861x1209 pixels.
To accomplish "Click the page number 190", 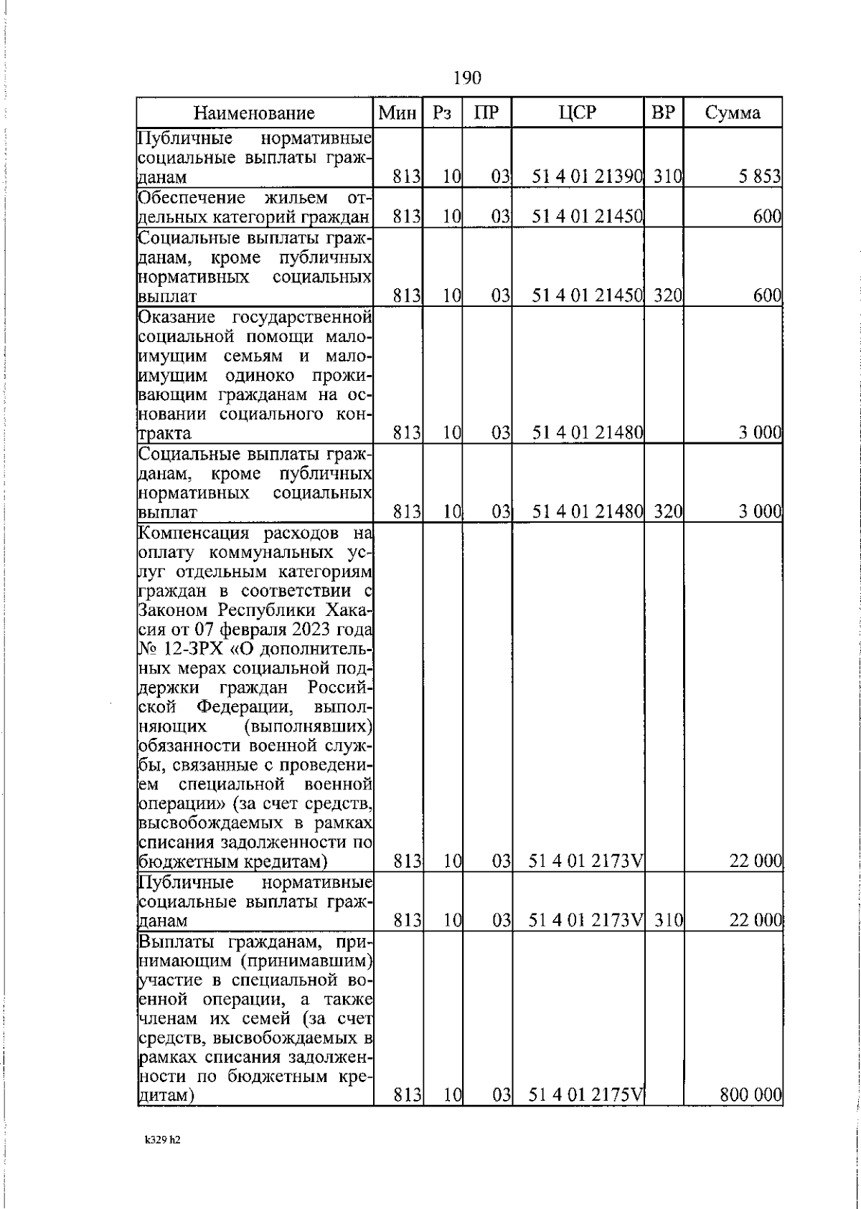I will pyautogui.click(x=467, y=77).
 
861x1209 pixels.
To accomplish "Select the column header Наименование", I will pyautogui.click(x=255, y=113).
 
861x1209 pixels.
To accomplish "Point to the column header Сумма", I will pyautogui.click(x=732, y=113).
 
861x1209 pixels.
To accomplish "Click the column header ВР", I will pyautogui.click(x=662, y=113).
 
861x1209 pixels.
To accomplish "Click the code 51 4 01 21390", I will pyautogui.click(x=587, y=176).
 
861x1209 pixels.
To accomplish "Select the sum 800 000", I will pyautogui.click(x=750, y=1094).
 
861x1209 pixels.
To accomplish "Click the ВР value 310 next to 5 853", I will pyautogui.click(x=667, y=176).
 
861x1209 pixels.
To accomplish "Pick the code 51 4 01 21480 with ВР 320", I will pyautogui.click(x=587, y=512).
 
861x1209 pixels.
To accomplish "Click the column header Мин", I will pyautogui.click(x=398, y=113).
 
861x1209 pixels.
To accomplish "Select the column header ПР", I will pyautogui.click(x=486, y=113).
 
